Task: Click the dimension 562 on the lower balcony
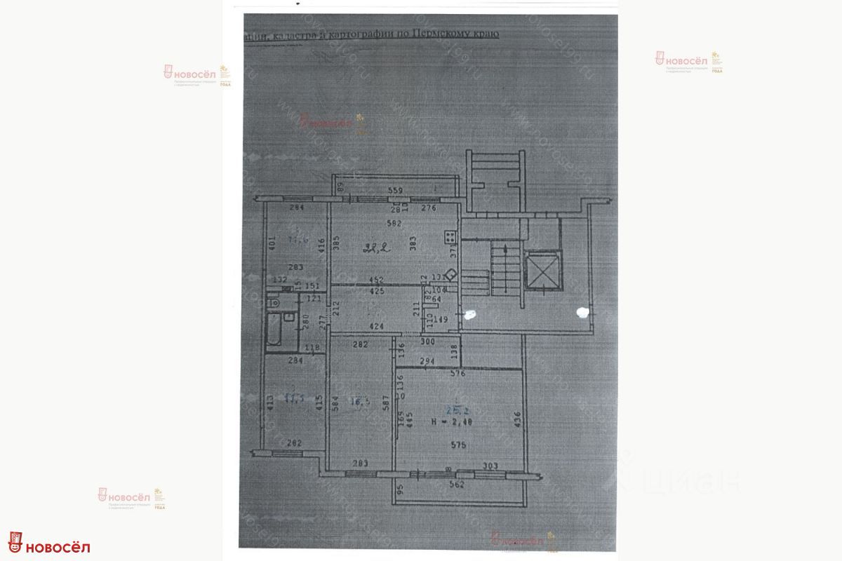click(457, 484)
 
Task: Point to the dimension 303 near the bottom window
click(490, 464)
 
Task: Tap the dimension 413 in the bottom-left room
click(270, 403)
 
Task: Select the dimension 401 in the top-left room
click(272, 245)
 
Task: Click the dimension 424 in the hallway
click(376, 325)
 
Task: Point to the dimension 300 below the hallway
click(428, 343)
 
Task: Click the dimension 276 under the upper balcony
click(429, 208)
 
